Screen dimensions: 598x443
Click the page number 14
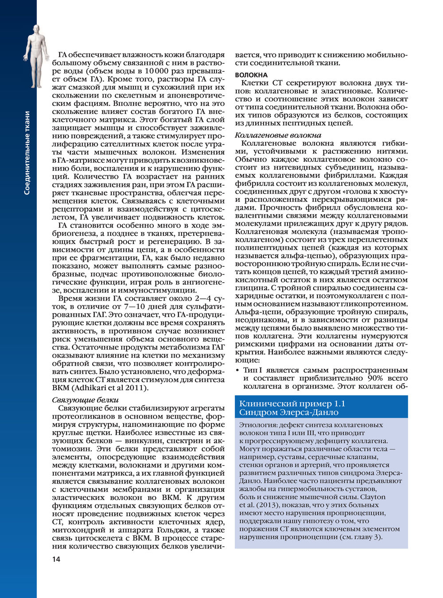[56, 559]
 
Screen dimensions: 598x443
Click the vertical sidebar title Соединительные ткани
[27, 153]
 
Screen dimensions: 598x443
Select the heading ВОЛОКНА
[251, 75]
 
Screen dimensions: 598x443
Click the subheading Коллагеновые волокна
[278, 135]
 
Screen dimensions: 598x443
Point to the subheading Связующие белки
[85, 400]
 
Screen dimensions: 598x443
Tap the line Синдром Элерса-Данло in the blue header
[288, 412]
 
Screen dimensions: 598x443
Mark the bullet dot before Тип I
[238, 370]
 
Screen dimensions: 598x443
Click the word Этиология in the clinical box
[256, 425]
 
